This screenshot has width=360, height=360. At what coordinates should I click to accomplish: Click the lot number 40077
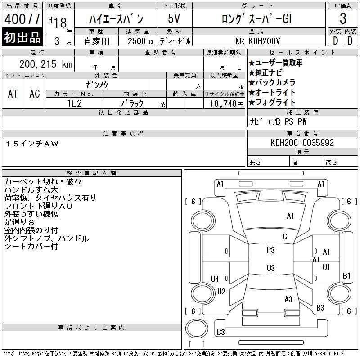[22, 19]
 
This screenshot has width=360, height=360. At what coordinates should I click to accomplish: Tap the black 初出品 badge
[22, 38]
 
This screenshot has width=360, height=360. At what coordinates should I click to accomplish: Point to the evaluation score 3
[343, 19]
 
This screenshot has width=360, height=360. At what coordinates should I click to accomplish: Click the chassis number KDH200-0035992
[302, 143]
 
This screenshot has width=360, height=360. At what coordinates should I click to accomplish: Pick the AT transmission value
[13, 94]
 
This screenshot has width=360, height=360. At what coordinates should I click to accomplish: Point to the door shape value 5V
[175, 19]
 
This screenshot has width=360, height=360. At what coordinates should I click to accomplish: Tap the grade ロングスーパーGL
[258, 19]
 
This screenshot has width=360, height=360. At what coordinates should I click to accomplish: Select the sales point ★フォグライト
[272, 102]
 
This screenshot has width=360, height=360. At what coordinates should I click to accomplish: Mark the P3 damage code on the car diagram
[270, 250]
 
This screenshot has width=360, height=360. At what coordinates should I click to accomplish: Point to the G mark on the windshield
[284, 237]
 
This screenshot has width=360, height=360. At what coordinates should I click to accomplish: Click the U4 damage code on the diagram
[215, 279]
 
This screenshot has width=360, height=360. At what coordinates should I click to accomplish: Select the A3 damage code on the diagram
[288, 299]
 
